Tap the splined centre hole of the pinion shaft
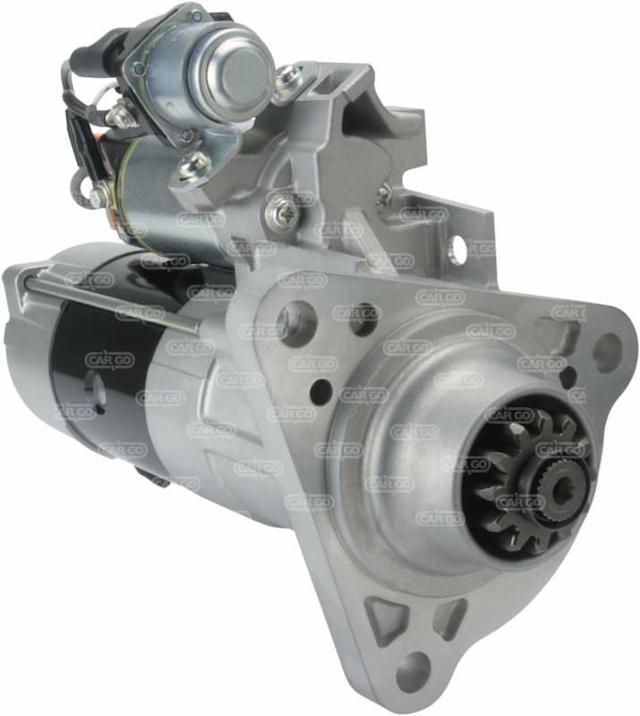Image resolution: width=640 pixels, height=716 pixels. point(563,490)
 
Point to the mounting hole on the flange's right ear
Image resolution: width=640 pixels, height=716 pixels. point(607,350)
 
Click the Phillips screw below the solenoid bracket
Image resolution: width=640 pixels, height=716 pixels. point(282,211)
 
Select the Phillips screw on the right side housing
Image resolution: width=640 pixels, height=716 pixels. point(384,195)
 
